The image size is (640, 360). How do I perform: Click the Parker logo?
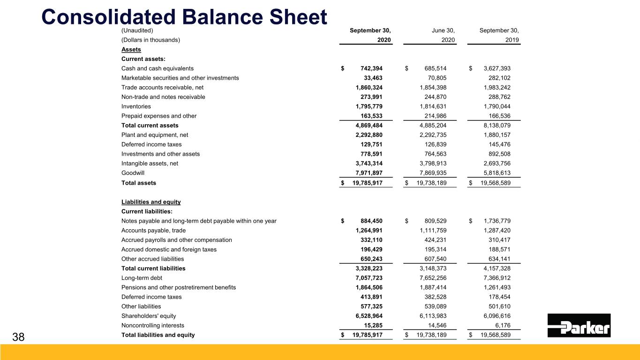click(579, 325)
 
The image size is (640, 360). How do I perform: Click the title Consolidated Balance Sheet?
click(184, 17)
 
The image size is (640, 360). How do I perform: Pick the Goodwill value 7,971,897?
click(369, 173)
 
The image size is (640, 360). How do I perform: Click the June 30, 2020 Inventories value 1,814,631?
click(436, 106)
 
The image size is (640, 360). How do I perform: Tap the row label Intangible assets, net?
click(150, 164)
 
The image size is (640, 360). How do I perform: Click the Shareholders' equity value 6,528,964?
click(369, 316)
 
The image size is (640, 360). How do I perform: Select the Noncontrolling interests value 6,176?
click(508, 325)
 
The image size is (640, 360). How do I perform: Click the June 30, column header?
click(443, 30)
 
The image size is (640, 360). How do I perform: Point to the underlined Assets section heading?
click(131, 49)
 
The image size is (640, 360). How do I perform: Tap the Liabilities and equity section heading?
click(151, 202)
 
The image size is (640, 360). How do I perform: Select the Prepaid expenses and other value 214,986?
click(440, 116)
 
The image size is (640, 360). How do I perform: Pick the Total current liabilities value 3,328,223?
click(369, 269)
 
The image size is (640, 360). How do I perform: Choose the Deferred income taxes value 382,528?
click(440, 297)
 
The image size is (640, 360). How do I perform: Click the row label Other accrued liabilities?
click(152, 259)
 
